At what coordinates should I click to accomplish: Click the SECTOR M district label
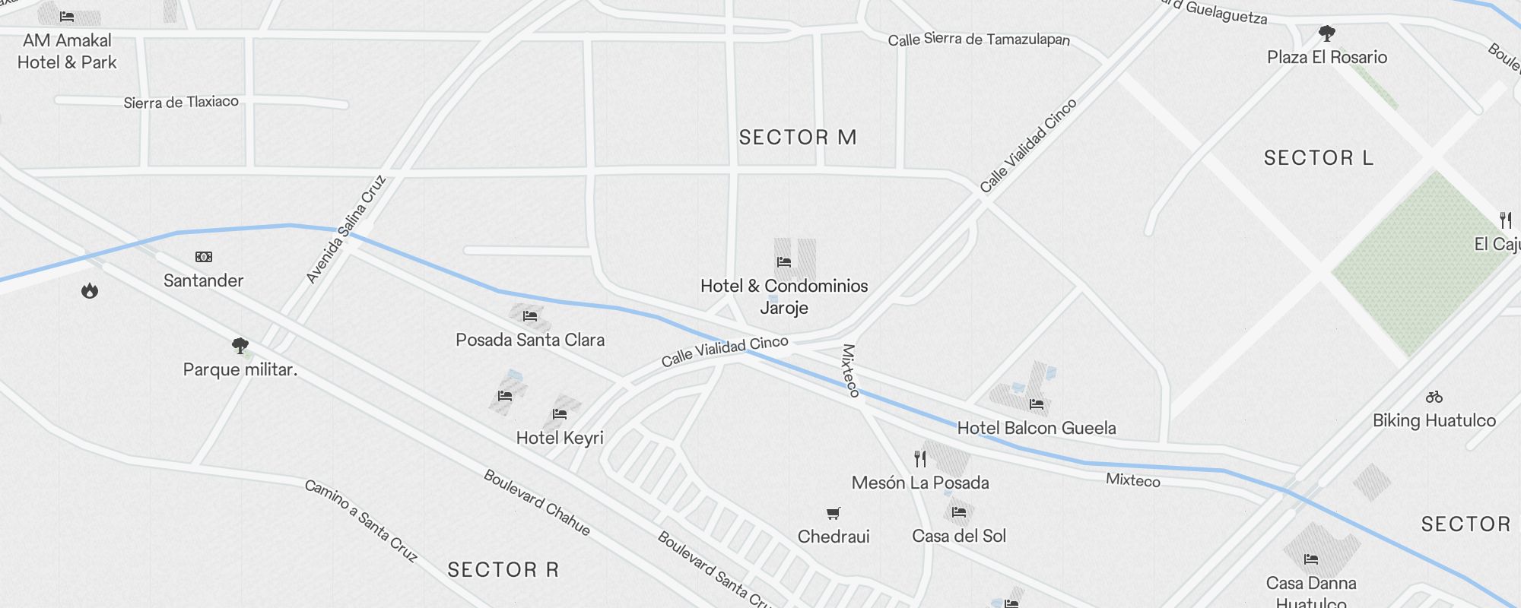tap(798, 138)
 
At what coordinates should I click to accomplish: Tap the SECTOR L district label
tap(1318, 158)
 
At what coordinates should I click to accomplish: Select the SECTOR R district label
tap(503, 570)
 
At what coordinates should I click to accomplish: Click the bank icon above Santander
tap(204, 257)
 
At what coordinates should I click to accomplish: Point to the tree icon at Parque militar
tap(240, 347)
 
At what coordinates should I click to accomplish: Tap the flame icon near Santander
tap(90, 290)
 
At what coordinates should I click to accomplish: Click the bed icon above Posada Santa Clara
tap(530, 316)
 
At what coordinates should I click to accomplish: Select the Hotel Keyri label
tap(560, 438)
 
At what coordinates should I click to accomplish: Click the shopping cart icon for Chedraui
tap(834, 514)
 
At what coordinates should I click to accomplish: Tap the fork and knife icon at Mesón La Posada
tap(920, 458)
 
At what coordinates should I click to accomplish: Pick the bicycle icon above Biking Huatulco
tap(1434, 397)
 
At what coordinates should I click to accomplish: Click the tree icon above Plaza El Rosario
tap(1327, 33)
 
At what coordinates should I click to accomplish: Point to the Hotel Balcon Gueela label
tap(1037, 428)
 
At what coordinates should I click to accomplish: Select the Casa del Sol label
tap(959, 536)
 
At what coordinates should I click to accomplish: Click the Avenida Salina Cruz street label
tap(346, 230)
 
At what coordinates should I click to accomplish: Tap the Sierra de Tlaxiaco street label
tap(181, 102)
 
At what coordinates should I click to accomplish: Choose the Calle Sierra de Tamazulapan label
tap(979, 40)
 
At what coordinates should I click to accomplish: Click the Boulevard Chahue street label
tap(537, 502)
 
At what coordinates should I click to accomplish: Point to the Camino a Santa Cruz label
tap(361, 521)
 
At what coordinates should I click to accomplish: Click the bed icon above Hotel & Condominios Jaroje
tap(784, 262)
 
